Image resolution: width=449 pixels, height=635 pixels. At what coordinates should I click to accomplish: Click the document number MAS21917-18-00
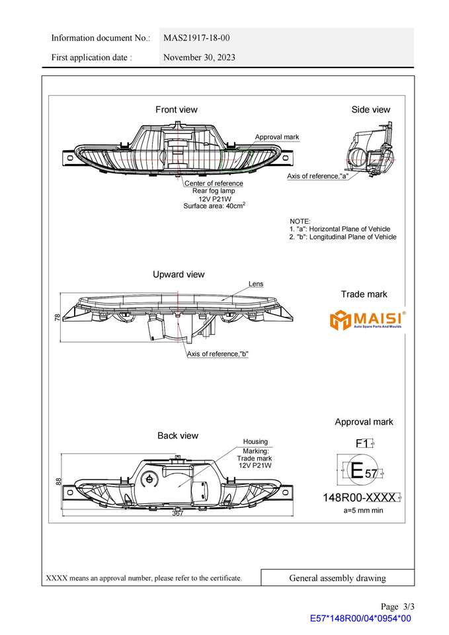(x=196, y=38)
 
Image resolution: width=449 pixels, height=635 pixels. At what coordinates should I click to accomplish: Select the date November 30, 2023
(x=199, y=58)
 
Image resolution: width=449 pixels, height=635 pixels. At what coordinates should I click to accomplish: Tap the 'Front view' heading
(x=176, y=110)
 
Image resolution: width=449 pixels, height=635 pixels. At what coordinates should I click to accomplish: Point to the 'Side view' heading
(x=370, y=110)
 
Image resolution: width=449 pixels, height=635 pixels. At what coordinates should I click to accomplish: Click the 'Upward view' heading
(x=179, y=275)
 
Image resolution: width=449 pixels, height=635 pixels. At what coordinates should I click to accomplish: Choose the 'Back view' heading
(x=177, y=436)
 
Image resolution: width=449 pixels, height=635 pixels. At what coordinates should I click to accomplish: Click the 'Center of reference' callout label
(x=214, y=183)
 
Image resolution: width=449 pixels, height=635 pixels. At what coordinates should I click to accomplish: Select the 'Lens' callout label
(x=256, y=284)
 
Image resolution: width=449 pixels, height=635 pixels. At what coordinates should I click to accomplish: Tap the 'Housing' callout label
(x=255, y=441)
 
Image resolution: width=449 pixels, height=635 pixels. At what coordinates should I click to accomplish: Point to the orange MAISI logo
(x=368, y=319)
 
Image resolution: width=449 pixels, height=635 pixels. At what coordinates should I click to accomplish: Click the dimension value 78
(x=58, y=317)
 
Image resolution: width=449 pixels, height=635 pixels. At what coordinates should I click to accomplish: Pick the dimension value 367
(x=178, y=513)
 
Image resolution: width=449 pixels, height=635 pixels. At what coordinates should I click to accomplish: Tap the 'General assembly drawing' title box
(x=337, y=578)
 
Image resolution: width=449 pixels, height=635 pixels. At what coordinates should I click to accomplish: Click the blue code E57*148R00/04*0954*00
(x=360, y=618)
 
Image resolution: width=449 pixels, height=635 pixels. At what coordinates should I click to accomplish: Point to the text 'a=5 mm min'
(x=363, y=511)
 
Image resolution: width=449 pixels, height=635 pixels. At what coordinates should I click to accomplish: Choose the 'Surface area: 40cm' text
(x=214, y=206)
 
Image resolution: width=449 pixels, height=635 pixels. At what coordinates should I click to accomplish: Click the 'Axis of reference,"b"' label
(x=218, y=354)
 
